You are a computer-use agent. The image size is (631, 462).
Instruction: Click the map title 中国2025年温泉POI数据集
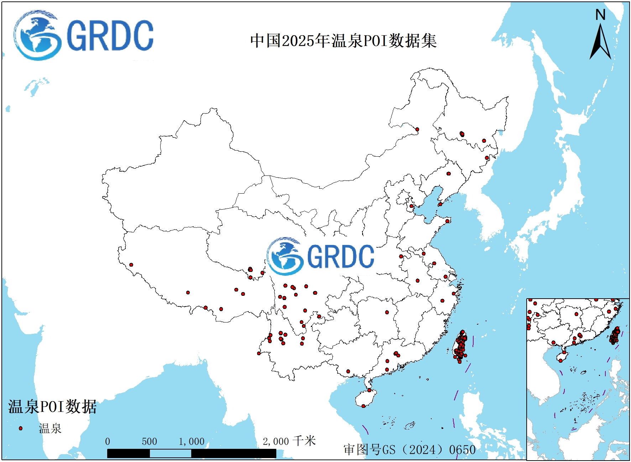click(343, 41)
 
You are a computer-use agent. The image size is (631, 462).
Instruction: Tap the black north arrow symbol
click(600, 43)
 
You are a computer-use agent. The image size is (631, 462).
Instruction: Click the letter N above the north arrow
click(600, 15)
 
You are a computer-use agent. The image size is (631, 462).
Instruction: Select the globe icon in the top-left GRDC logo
click(37, 35)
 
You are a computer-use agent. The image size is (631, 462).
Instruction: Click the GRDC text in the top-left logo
click(110, 35)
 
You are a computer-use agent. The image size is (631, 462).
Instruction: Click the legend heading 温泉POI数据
click(52, 406)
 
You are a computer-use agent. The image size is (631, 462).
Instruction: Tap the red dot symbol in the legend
click(21, 428)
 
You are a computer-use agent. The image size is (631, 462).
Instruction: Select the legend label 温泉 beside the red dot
click(50, 428)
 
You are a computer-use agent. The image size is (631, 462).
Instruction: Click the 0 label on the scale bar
click(108, 441)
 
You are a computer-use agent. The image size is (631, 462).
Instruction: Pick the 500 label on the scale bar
click(149, 441)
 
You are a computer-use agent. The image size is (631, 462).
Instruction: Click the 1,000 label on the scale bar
click(192, 441)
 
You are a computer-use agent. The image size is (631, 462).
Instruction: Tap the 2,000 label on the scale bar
click(276, 441)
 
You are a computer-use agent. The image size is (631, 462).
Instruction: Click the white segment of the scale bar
click(170, 453)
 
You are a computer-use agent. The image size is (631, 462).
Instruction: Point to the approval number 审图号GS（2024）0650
click(410, 450)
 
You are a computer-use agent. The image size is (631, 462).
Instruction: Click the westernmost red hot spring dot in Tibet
click(131, 264)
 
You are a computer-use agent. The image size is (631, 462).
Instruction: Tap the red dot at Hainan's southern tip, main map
click(363, 406)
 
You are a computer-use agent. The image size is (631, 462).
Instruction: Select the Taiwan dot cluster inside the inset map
click(615, 336)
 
